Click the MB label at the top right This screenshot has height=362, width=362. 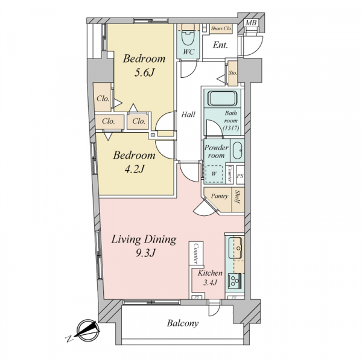251,23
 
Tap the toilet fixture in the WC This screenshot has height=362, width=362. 188,36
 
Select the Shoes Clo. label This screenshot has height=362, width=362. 221,28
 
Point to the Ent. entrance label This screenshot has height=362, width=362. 220,45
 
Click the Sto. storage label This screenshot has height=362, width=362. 233,73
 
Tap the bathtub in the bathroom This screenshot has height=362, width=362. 222,98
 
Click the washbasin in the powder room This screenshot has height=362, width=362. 237,150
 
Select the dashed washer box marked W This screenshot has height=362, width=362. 214,174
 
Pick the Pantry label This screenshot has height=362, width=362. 220,196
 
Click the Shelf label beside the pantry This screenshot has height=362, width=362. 237,197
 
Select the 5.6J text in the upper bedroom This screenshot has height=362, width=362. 144,73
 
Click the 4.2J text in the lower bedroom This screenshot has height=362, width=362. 135,170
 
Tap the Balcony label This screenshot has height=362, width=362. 183,323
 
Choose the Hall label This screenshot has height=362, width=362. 188,114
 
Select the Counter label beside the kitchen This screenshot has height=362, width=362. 197,253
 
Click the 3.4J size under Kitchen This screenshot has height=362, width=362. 209,282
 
